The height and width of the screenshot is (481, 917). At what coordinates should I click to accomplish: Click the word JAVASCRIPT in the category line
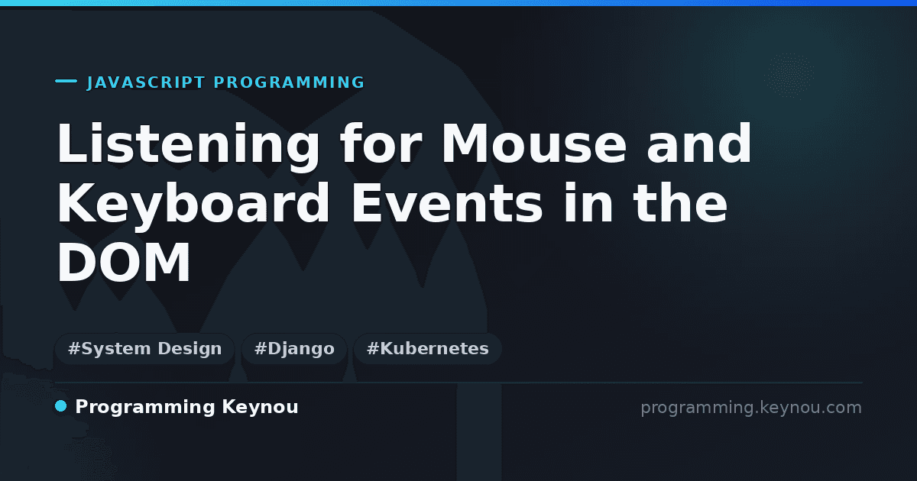(146, 82)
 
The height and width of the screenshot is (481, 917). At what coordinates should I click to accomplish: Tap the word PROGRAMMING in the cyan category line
(289, 82)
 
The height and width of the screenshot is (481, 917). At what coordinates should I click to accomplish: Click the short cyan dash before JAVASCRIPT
(66, 81)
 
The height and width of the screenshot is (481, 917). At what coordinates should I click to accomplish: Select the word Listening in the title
(188, 146)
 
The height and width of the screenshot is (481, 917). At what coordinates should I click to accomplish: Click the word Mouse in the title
(533, 144)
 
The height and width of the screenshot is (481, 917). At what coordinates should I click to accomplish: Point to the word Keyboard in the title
(193, 205)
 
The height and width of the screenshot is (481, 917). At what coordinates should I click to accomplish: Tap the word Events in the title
(447, 203)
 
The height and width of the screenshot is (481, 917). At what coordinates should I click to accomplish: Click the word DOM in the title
(124, 262)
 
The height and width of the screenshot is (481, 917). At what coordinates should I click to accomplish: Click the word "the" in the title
(680, 202)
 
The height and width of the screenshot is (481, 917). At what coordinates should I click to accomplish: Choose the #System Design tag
(144, 348)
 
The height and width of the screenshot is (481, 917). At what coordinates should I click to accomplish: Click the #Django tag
(294, 348)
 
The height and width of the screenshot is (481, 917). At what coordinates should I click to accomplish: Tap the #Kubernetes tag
(427, 348)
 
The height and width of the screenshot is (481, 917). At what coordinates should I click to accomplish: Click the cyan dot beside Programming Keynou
(61, 406)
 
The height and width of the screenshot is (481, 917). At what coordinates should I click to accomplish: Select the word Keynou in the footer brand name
(260, 408)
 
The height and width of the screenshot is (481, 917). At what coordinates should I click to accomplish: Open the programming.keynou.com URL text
(751, 408)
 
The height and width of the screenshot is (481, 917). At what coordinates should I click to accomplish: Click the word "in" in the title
(588, 202)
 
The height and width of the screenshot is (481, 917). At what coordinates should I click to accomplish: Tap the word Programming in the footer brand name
(145, 408)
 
